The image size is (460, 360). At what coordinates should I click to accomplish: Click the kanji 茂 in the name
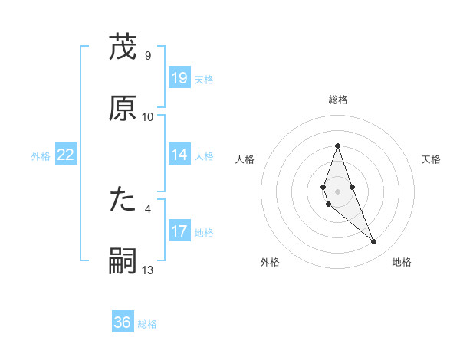(x=123, y=47)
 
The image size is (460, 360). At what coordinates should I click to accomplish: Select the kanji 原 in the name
(x=123, y=108)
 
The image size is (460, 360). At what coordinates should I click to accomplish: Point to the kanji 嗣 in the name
(x=123, y=261)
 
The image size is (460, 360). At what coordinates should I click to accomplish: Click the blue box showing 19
(x=179, y=78)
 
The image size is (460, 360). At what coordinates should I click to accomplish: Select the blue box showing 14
(x=179, y=155)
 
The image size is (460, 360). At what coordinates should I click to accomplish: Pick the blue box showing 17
(x=179, y=231)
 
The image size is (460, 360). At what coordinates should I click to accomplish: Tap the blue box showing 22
(x=66, y=155)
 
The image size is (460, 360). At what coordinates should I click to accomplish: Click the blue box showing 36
(x=123, y=322)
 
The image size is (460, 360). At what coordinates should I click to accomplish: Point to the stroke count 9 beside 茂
(x=148, y=56)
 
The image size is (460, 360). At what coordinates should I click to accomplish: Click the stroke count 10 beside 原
(x=148, y=117)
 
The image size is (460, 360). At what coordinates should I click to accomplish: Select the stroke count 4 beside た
(x=148, y=209)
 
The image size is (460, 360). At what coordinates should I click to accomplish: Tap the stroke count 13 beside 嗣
(x=148, y=270)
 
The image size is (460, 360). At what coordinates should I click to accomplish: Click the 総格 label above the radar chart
(x=337, y=100)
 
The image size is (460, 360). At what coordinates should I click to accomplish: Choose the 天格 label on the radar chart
(x=432, y=159)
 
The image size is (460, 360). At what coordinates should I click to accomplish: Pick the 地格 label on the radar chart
(x=402, y=263)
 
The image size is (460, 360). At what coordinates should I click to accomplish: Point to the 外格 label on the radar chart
(x=270, y=263)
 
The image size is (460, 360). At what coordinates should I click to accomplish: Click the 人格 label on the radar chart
(x=245, y=159)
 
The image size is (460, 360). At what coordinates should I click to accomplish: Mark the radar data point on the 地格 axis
(x=374, y=242)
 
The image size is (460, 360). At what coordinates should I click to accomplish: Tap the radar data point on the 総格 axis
(x=337, y=146)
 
